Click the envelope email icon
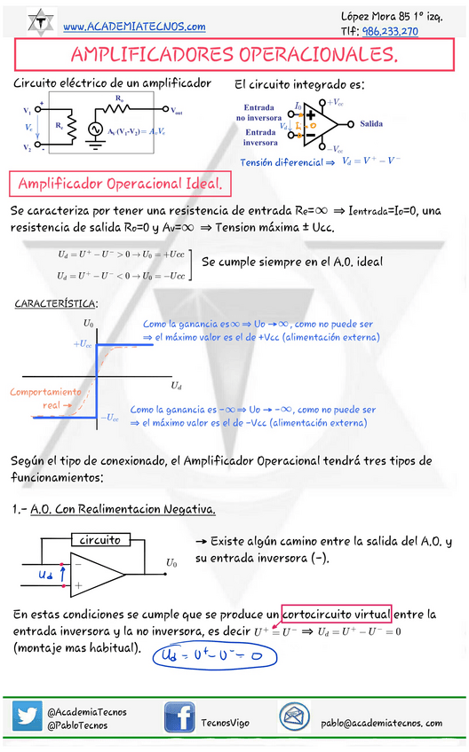(293, 717)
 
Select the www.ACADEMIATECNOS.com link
(135, 27)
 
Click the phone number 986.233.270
(390, 31)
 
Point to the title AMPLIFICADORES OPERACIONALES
(234, 56)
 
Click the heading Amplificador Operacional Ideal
(120, 184)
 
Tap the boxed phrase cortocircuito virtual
(336, 614)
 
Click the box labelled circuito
(100, 540)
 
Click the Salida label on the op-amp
(372, 124)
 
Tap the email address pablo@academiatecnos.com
(382, 723)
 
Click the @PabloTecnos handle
(77, 725)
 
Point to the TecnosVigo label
(226, 723)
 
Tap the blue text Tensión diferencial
(273, 163)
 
